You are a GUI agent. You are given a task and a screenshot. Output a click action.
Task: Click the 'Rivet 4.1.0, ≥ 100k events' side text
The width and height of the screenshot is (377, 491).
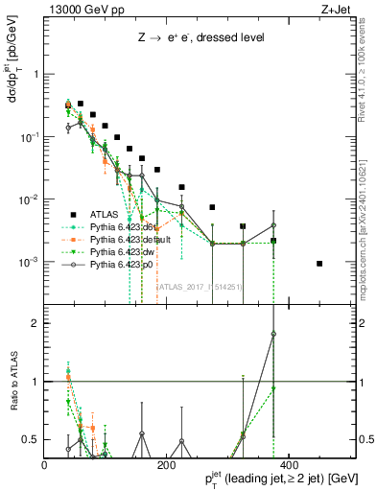[x=369, y=67]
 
